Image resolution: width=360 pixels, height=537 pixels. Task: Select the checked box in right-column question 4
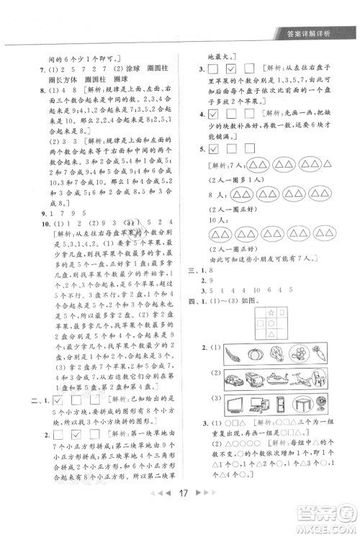[213, 115]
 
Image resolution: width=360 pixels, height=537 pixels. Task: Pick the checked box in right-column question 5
[213, 149]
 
